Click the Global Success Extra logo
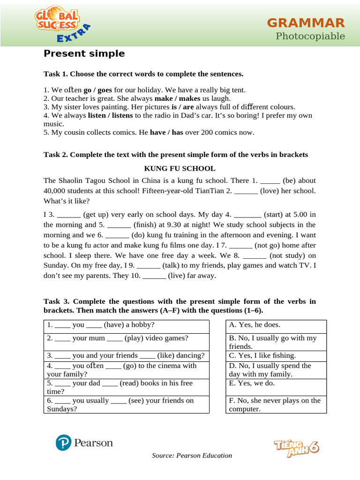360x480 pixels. (x=61, y=26)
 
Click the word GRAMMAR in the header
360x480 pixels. (x=306, y=22)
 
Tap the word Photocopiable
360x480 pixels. (x=310, y=36)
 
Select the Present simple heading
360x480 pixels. (x=84, y=53)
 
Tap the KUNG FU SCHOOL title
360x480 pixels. (x=180, y=168)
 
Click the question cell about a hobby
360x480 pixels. (x=127, y=325)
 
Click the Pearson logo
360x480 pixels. (x=84, y=443)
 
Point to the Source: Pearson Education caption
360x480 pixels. (x=192, y=455)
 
